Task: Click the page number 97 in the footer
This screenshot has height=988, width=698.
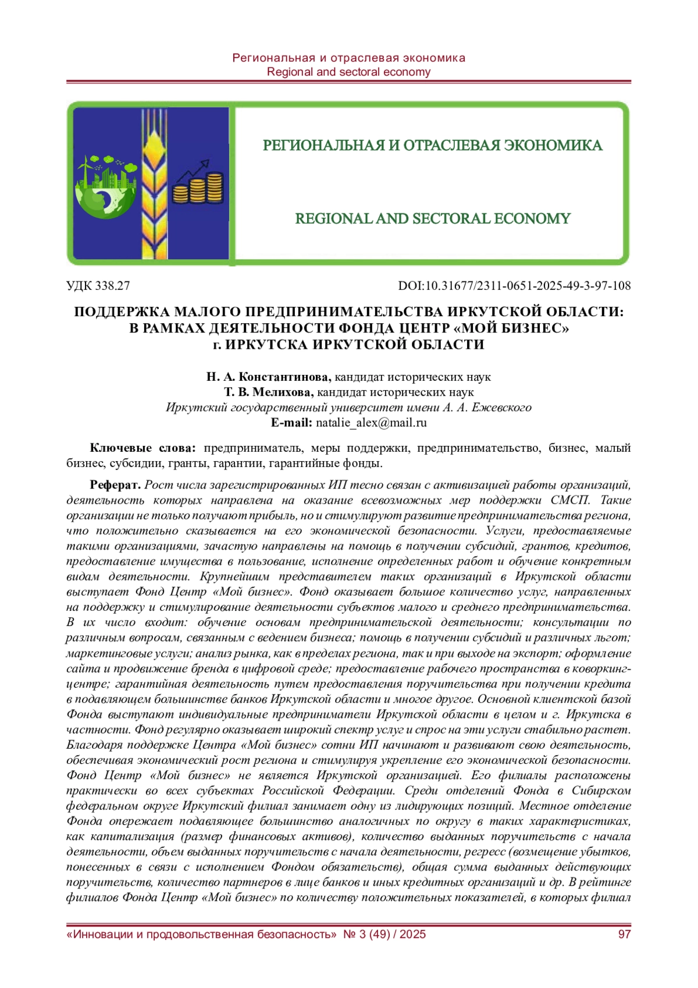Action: tap(624, 934)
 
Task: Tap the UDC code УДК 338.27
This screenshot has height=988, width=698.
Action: tap(98, 285)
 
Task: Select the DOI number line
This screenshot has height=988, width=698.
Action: tap(514, 285)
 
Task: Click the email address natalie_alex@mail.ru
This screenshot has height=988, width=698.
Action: tap(371, 423)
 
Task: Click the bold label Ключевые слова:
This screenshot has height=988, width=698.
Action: tap(143, 448)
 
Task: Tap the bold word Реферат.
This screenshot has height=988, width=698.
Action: tap(115, 485)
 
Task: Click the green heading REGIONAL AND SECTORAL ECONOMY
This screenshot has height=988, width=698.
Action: tap(433, 218)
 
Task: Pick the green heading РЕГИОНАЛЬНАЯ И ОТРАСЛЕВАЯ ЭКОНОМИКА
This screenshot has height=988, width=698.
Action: tap(433, 145)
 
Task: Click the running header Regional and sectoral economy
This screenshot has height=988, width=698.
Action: tap(348, 72)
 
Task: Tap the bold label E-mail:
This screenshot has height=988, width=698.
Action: tap(291, 423)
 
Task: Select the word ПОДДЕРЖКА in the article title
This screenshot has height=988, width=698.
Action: tap(120, 311)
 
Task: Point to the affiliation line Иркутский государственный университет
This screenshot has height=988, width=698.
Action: tap(348, 407)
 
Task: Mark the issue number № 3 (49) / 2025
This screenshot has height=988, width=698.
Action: tap(384, 934)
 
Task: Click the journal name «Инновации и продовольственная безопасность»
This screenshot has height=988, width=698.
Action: tap(202, 934)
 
